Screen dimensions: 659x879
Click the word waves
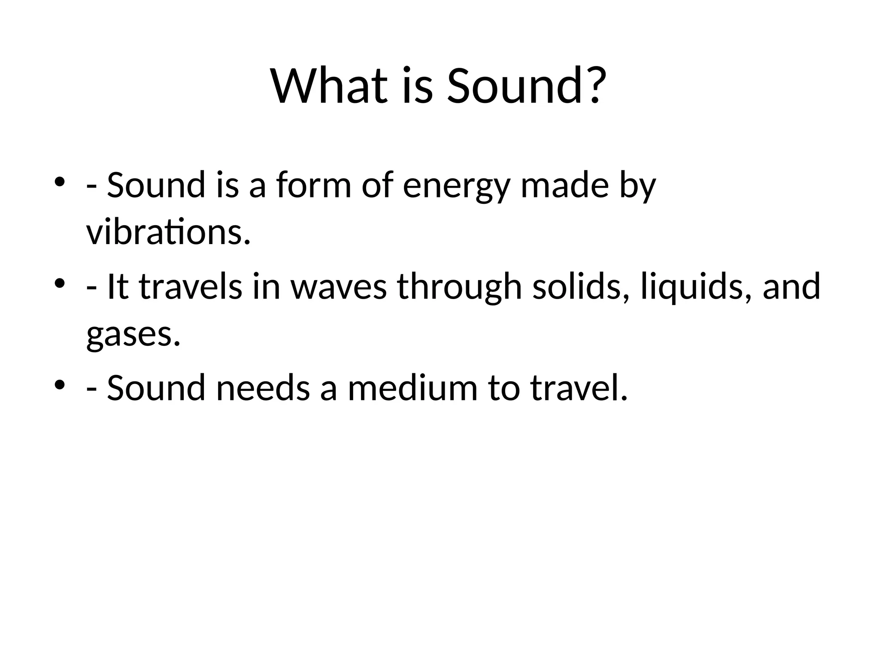(x=339, y=287)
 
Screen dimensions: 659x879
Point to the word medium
(x=412, y=388)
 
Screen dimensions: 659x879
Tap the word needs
(x=263, y=388)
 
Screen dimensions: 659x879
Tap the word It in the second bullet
(x=117, y=287)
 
